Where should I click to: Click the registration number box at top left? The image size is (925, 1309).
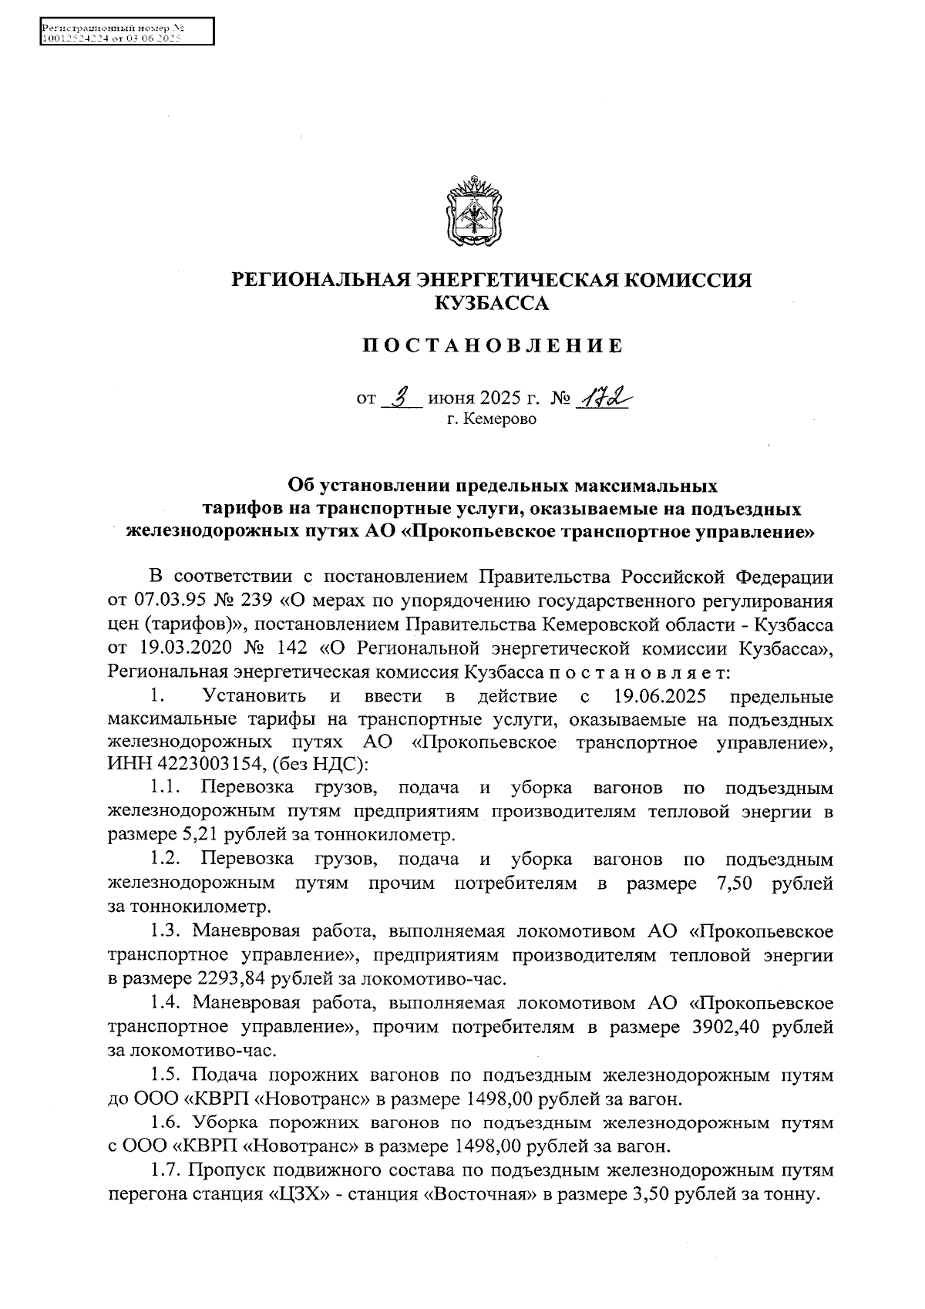click(126, 33)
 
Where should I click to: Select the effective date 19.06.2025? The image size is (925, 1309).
click(659, 697)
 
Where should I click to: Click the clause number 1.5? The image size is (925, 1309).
click(165, 1074)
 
